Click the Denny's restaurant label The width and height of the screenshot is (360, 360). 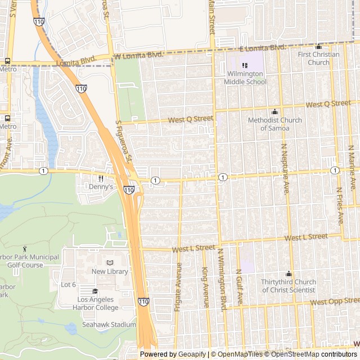point(101,187)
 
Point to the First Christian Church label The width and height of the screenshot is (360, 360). point(319,58)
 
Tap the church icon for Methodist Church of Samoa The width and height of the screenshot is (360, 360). point(274,111)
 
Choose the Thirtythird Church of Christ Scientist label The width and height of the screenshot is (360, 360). point(289,286)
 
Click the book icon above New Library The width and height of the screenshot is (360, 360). point(110,263)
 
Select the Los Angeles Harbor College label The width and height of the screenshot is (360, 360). point(98,303)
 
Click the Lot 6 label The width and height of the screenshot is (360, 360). point(68,285)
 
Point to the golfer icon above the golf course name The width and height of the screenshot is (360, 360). point(25,248)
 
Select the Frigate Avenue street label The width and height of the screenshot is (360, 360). point(179,285)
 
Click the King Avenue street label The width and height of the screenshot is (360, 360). point(205,287)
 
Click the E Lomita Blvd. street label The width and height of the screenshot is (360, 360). point(263,48)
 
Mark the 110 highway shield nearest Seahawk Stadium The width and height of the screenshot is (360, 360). point(143,302)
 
